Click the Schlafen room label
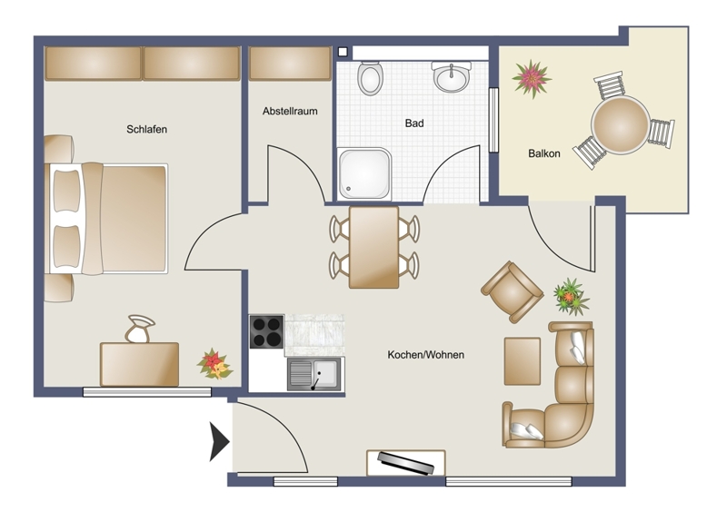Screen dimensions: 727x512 (x=146, y=129)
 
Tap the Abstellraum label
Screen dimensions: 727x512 (x=290, y=111)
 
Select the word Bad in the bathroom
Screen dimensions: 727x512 (x=414, y=123)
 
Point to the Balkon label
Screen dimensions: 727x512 (x=543, y=153)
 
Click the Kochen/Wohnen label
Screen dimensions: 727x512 (x=425, y=355)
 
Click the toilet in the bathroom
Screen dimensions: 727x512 (x=371, y=78)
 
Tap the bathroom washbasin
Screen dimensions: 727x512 (x=451, y=76)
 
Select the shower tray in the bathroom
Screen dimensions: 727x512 (x=364, y=174)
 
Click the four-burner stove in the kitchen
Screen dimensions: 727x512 (x=266, y=331)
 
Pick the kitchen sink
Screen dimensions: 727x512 (x=314, y=374)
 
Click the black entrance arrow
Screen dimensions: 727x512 (x=219, y=441)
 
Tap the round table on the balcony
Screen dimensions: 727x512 (x=620, y=125)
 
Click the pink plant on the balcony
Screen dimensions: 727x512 (x=532, y=78)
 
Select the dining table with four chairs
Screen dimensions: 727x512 (x=373, y=248)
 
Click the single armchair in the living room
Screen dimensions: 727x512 (x=512, y=292)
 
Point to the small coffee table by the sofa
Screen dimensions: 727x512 (x=523, y=361)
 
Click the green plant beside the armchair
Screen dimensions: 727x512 (x=571, y=297)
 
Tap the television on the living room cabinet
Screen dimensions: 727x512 (x=406, y=463)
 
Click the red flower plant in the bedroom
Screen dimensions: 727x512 (x=214, y=364)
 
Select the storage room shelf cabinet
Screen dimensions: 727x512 (x=290, y=64)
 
